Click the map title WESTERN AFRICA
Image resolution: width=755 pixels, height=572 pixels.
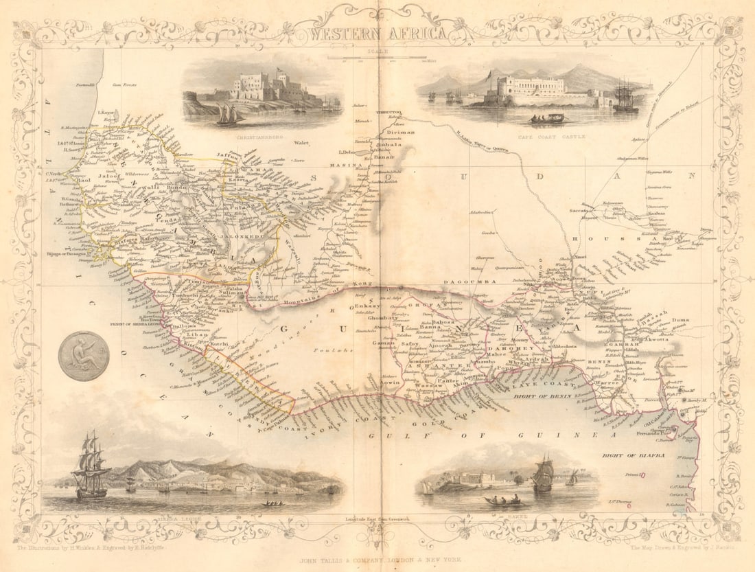(x=377, y=33)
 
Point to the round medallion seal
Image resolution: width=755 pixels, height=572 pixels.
(x=84, y=356)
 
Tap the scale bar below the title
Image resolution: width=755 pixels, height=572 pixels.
(x=377, y=57)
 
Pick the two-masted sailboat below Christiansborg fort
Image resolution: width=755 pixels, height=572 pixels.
(x=229, y=115)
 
